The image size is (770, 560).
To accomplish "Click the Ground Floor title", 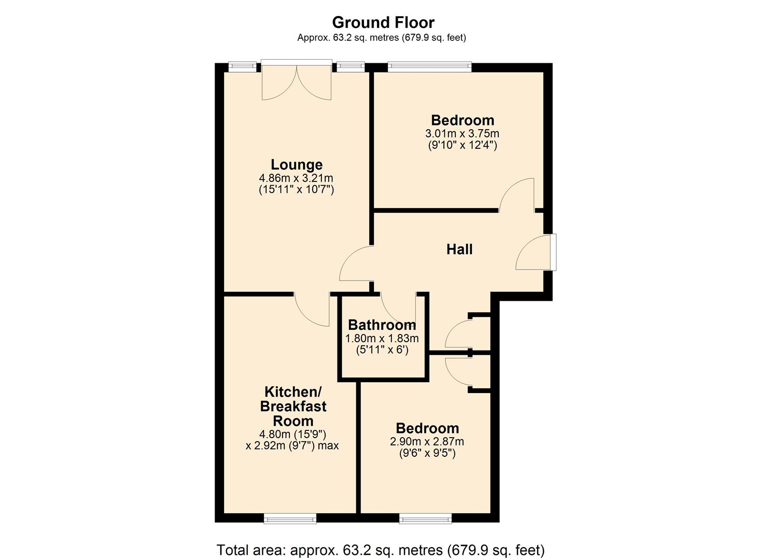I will (383, 22).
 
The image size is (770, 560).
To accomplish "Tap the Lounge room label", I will (296, 164).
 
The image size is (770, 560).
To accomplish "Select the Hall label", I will (459, 249).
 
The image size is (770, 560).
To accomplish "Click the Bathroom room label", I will (382, 325).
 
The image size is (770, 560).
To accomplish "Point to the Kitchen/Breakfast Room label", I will (293, 406).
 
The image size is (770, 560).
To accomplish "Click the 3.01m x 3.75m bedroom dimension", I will (462, 133).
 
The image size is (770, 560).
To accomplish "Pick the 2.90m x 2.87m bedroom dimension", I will (427, 442).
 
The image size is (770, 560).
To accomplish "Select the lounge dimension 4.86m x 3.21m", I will (296, 178).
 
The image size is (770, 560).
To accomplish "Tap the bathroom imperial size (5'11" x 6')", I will (382, 350).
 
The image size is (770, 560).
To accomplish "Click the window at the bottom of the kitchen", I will (290, 518).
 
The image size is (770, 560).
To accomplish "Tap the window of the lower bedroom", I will (425, 518).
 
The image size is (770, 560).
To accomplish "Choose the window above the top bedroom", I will (429, 66).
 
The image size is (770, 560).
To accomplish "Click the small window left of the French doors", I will (243, 66).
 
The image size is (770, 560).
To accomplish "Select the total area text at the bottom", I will (380, 550).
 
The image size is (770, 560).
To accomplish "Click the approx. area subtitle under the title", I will (381, 38).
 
